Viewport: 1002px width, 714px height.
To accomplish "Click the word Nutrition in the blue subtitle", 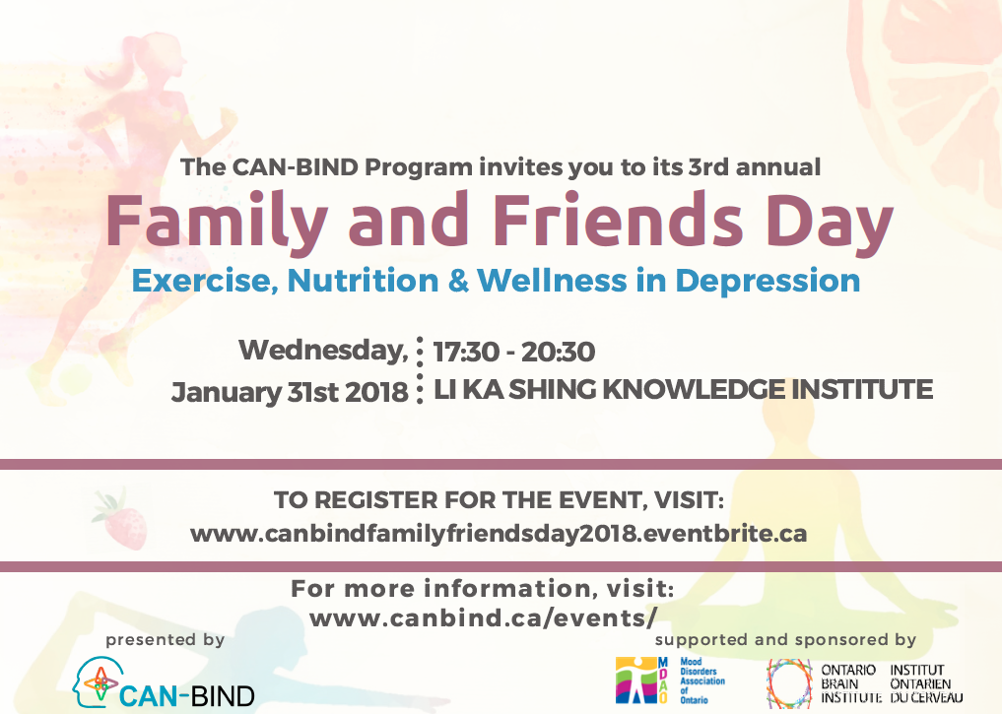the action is tap(363, 281).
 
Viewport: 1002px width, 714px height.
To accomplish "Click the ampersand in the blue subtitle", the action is tap(458, 281).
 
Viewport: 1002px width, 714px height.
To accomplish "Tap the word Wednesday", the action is tap(323, 351).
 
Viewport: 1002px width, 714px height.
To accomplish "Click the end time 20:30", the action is tap(558, 352).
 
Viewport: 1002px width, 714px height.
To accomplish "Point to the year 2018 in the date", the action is tap(376, 392).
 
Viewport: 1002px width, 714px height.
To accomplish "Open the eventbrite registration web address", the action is tap(499, 534).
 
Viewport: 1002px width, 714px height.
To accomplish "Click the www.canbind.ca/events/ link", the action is tap(483, 618).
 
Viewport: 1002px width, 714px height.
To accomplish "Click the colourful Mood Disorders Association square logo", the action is tap(636, 681).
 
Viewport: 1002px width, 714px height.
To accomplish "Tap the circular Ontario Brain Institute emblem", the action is tap(789, 683).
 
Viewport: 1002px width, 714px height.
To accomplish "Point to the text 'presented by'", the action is tap(165, 640).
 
